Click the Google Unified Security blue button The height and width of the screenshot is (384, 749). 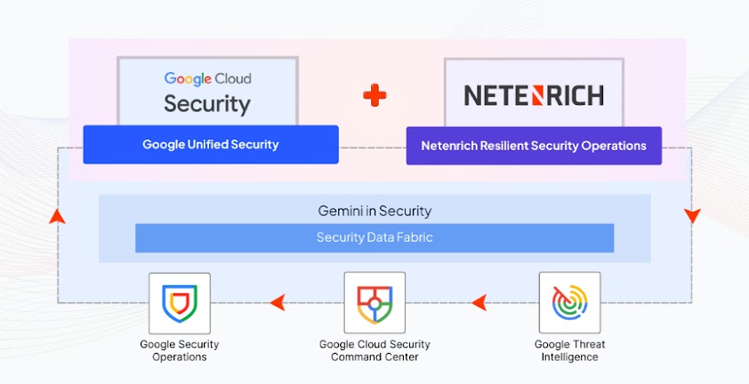click(211, 144)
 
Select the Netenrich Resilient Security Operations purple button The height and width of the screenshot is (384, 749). click(534, 145)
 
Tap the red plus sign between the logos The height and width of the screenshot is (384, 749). click(374, 95)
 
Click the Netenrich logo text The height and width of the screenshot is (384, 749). click(534, 95)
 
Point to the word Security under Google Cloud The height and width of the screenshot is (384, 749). click(207, 103)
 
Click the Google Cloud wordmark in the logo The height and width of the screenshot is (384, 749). click(207, 78)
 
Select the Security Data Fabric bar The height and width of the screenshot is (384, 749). click(374, 237)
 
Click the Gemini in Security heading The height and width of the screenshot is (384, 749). click(374, 211)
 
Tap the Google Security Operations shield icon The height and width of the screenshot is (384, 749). click(180, 303)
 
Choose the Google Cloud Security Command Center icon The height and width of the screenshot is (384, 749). click(374, 303)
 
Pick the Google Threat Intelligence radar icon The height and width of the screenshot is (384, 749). click(569, 303)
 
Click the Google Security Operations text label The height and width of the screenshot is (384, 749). click(180, 350)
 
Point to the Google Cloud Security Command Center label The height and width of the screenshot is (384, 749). click(374, 350)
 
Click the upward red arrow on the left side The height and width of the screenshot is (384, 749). click(57, 216)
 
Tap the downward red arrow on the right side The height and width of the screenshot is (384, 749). click(692, 216)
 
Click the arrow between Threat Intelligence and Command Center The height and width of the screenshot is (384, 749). click(479, 303)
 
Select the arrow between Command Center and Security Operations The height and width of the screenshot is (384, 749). click(278, 303)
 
